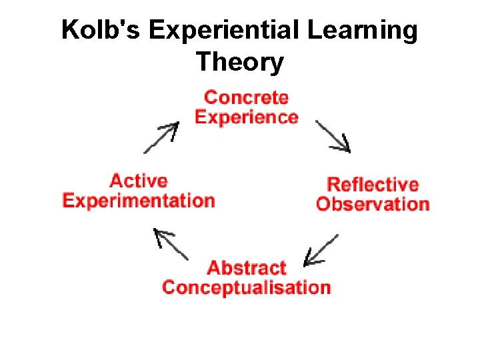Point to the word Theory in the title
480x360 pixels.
(240, 63)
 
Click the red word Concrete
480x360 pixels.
(246, 97)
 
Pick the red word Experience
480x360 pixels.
(246, 117)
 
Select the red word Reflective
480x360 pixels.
(373, 184)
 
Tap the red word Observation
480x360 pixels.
(373, 204)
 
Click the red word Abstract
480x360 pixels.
(247, 268)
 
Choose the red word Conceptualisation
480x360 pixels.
(247, 288)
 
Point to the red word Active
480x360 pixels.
(139, 181)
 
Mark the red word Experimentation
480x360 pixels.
(139, 201)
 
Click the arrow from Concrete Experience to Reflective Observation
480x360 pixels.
(332, 136)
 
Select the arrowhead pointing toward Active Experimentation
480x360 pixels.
(160, 234)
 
